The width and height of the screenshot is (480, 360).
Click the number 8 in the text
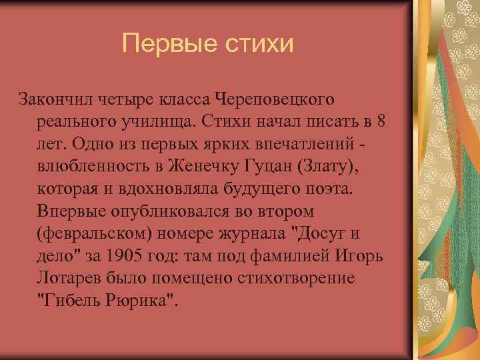tap(380, 123)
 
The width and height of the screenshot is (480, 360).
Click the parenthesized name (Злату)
tap(331, 167)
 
